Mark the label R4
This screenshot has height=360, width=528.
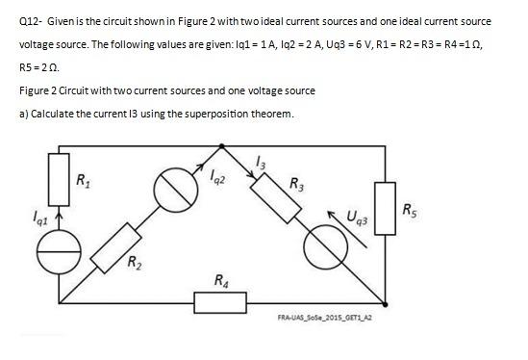point(223,280)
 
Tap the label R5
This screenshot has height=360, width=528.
point(411,210)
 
